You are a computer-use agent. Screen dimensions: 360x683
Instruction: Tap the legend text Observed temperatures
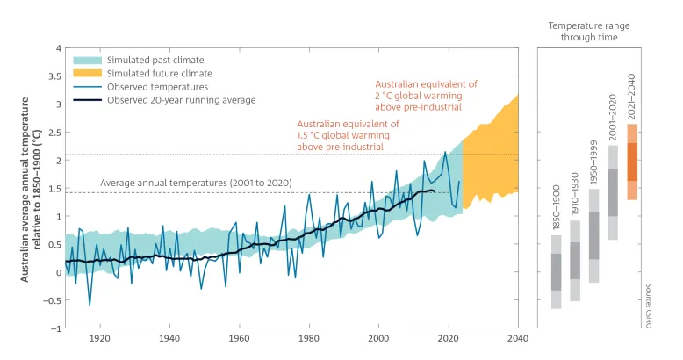coord(158,87)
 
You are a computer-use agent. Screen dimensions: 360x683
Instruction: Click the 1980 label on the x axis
coord(309,339)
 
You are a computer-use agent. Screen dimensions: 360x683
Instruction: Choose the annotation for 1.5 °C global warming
coord(348,136)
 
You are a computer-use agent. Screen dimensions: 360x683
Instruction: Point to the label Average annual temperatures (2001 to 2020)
coord(196,183)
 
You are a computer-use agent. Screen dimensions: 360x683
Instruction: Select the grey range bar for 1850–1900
coord(557,271)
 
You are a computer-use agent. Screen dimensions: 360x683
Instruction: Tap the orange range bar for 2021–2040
coord(632,162)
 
